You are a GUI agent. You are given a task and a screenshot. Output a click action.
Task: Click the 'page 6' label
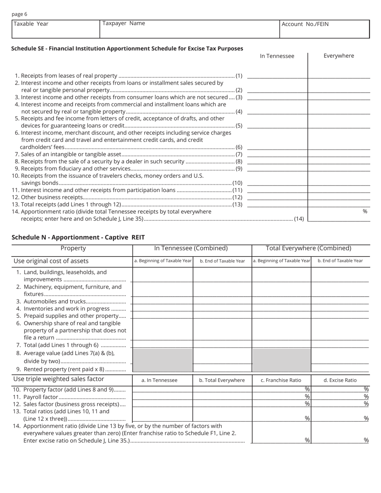[19, 14]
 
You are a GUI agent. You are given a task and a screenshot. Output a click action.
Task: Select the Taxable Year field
[55, 29]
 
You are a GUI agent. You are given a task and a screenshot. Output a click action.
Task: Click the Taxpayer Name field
[189, 29]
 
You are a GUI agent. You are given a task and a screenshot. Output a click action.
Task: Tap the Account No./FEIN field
[324, 29]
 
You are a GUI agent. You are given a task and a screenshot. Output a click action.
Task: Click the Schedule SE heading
[127, 48]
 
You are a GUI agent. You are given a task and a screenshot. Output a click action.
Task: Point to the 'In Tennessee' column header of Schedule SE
[277, 56]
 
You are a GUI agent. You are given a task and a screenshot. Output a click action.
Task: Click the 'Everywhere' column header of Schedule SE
[338, 56]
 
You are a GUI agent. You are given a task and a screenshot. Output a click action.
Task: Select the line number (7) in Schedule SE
[239, 154]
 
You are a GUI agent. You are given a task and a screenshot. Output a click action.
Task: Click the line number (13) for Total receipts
[237, 205]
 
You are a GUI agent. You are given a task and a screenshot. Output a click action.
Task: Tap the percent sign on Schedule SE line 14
[365, 211]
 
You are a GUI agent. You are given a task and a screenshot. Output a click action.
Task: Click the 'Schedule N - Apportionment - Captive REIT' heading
[78, 237]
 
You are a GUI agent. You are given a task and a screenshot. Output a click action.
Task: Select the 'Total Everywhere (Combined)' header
[310, 248]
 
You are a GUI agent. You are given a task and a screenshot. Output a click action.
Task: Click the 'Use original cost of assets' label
[51, 261]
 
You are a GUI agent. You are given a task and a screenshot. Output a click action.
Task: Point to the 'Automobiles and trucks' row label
[55, 301]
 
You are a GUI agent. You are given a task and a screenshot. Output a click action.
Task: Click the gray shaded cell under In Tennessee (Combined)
[162, 360]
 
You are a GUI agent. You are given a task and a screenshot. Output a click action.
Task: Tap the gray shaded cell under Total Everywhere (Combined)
[282, 360]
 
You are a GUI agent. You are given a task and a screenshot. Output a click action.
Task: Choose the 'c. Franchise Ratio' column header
[281, 380]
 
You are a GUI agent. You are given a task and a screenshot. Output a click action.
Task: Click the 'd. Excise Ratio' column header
[340, 380]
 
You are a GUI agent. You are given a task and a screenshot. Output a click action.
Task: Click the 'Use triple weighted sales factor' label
[59, 379]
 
